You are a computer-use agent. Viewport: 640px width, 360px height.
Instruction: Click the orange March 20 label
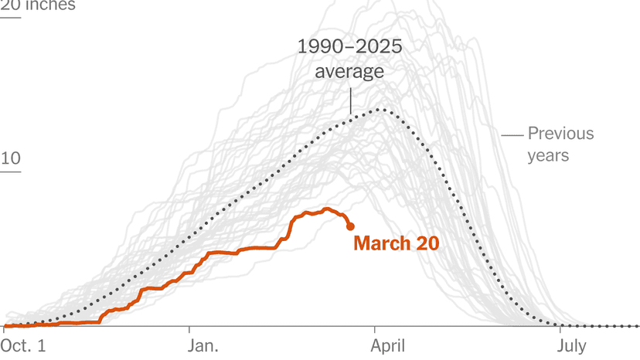pos(396,243)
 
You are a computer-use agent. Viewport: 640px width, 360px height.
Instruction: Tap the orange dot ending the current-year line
pos(350,226)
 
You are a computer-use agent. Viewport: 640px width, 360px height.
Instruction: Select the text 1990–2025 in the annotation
pos(350,48)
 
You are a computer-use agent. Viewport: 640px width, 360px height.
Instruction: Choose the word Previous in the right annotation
pos(560,134)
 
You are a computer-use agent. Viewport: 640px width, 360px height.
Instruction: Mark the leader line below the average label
pos(350,100)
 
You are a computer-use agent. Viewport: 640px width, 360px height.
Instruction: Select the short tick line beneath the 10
pos(11,172)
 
